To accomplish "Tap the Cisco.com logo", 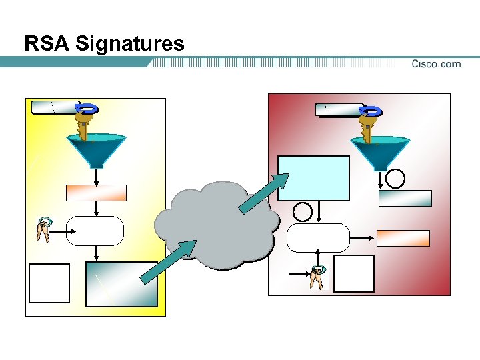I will (x=436, y=64).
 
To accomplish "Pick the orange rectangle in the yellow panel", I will (x=96, y=193).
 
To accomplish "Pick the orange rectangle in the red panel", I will (x=403, y=238).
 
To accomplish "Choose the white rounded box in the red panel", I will (x=319, y=237).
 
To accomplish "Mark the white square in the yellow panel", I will (x=49, y=283).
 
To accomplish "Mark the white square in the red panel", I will (x=353, y=273).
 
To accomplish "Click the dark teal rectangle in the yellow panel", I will (x=122, y=283).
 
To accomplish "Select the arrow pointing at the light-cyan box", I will (x=264, y=193).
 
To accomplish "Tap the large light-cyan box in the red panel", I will (x=313, y=178).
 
